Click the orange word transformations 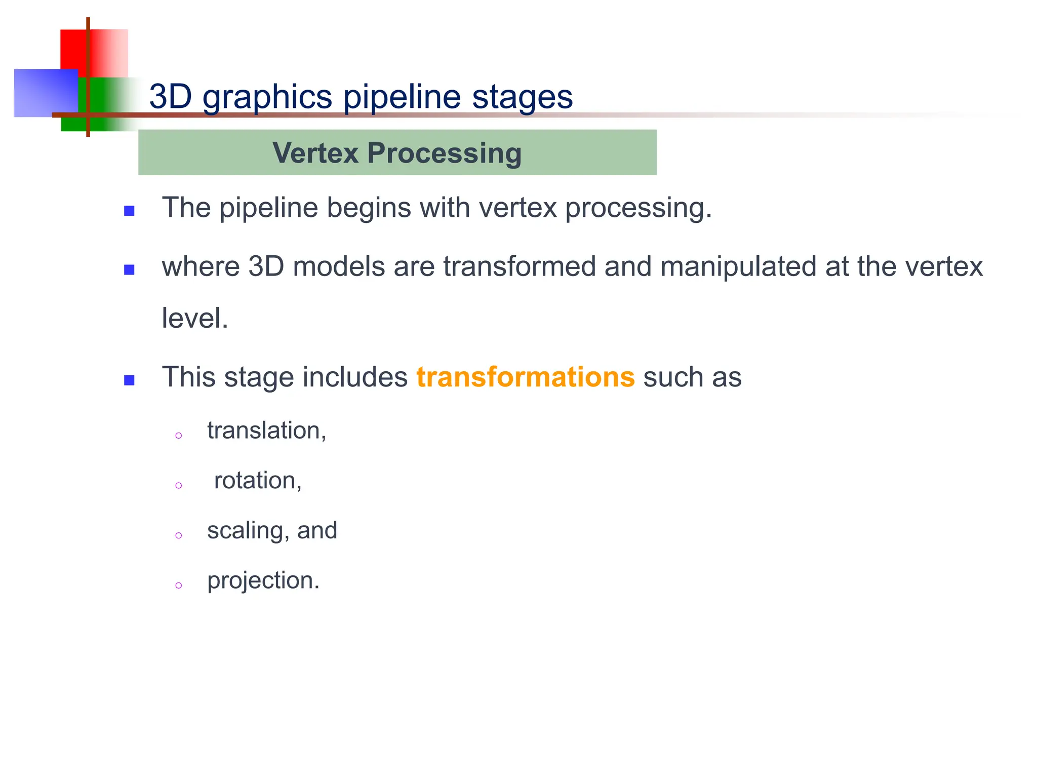pyautogui.click(x=525, y=377)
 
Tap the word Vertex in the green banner pyautogui.click(x=315, y=153)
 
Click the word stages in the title pyautogui.click(x=522, y=97)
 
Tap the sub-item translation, pyautogui.click(x=267, y=431)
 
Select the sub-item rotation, pyautogui.click(x=258, y=481)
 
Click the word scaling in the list pyautogui.click(x=248, y=531)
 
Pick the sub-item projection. pyautogui.click(x=263, y=580)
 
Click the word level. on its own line pyautogui.click(x=195, y=318)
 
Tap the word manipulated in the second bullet pyautogui.click(x=738, y=266)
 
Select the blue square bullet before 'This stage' pyautogui.click(x=129, y=380)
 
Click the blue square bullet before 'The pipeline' pyautogui.click(x=129, y=211)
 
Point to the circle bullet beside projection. pyautogui.click(x=178, y=586)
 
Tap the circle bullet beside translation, pyautogui.click(x=178, y=436)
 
